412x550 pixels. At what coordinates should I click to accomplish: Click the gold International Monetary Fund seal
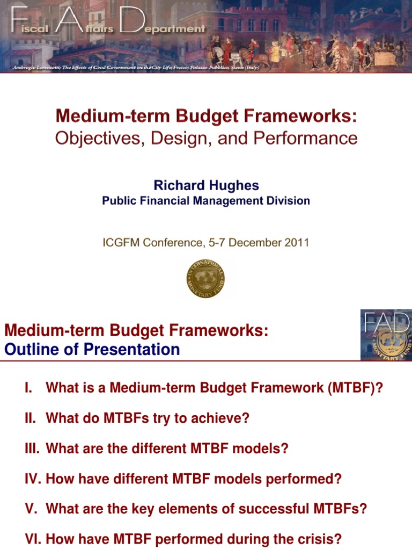pyautogui.click(x=205, y=279)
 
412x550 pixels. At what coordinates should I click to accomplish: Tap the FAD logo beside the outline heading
pyautogui.click(x=386, y=336)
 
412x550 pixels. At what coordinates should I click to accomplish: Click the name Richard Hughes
pyautogui.click(x=206, y=185)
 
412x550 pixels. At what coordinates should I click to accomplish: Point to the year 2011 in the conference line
pyautogui.click(x=297, y=242)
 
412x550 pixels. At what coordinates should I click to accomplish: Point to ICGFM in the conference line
pyautogui.click(x=121, y=242)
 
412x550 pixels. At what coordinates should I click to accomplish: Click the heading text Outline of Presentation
pyautogui.click(x=92, y=350)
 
